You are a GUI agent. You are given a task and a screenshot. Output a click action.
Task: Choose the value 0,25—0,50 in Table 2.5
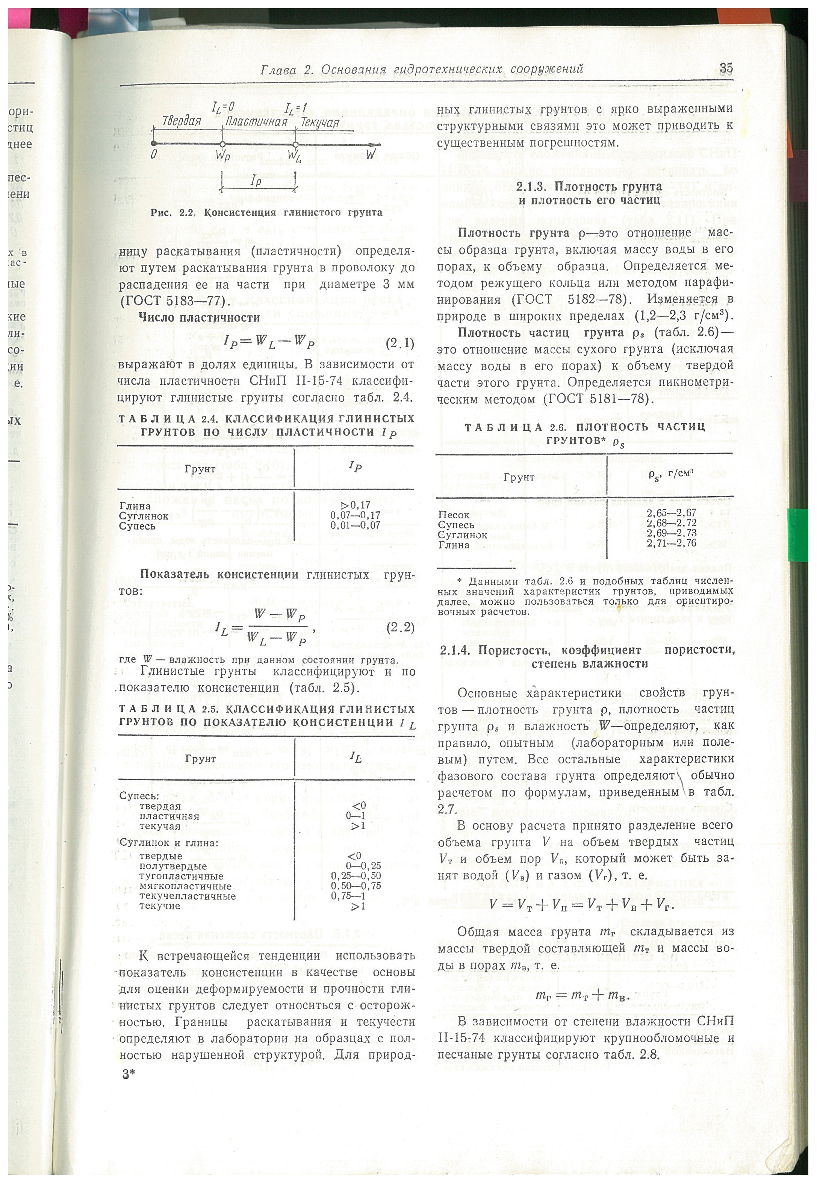click(356, 876)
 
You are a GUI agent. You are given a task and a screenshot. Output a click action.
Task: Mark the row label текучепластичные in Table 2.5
click(188, 896)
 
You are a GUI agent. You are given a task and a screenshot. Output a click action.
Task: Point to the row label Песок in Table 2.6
click(454, 515)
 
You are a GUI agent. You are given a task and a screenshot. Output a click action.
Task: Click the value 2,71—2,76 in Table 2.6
click(671, 543)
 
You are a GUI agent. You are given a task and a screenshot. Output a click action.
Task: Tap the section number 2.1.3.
click(533, 186)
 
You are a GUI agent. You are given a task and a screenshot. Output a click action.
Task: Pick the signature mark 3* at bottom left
click(128, 1074)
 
